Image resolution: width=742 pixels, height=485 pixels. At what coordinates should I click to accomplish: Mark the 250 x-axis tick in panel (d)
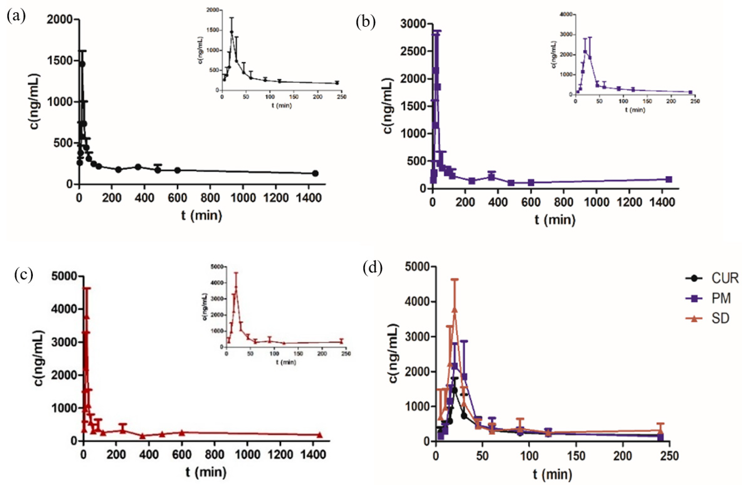tap(669, 456)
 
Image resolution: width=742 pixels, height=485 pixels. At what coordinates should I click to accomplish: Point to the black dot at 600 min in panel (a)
tap(177, 170)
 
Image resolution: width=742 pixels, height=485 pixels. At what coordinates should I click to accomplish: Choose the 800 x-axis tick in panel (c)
tap(215, 455)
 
